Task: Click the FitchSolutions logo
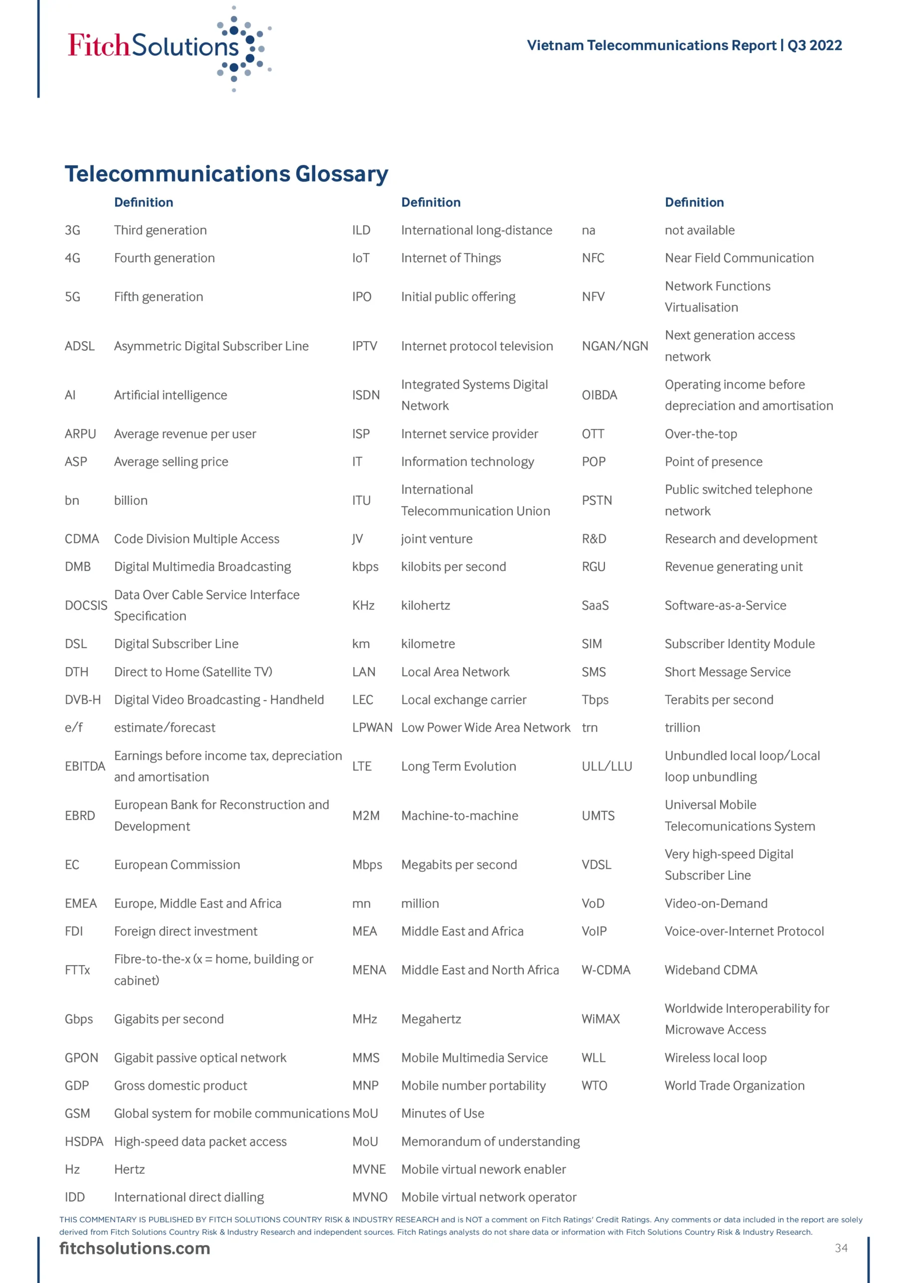[168, 47]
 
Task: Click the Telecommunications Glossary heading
[226, 174]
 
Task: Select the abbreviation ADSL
[79, 346]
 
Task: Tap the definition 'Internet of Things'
[450, 258]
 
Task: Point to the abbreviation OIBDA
[599, 395]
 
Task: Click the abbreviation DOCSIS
[86, 605]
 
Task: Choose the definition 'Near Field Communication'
[739, 258]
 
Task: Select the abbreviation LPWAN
[372, 728]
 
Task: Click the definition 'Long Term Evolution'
[458, 766]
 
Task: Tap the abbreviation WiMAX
[600, 1019]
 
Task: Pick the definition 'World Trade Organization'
[734, 1085]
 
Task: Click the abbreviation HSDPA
[84, 1141]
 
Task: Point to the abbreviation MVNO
[369, 1197]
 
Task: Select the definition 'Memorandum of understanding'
[490, 1141]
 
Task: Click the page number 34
[840, 1248]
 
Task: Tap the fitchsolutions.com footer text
[135, 1248]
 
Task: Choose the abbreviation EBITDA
[84, 766]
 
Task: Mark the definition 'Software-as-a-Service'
[725, 605]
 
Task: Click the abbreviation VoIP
[593, 931]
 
